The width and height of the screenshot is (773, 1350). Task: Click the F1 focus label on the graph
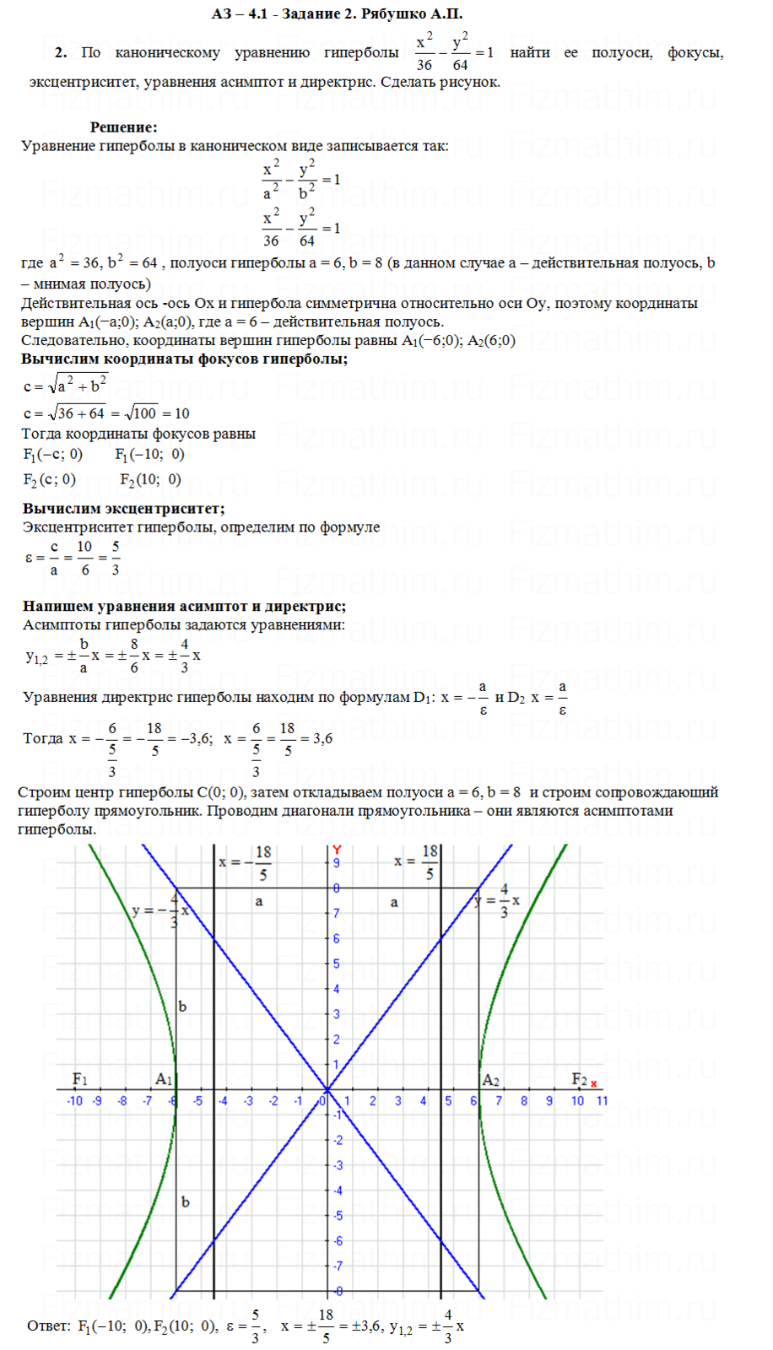click(80, 1079)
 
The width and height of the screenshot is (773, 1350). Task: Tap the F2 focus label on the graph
click(579, 1079)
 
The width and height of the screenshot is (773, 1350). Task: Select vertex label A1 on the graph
click(164, 1079)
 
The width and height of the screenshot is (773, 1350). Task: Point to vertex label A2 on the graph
click(490, 1080)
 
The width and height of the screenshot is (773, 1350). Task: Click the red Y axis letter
click(337, 850)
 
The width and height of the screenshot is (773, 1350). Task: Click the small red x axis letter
click(594, 1084)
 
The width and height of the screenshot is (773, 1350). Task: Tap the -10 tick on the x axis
click(75, 1100)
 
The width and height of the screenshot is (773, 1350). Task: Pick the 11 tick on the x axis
click(602, 1100)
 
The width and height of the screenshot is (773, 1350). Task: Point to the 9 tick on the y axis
click(336, 863)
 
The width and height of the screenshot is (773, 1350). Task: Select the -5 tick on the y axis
click(337, 1216)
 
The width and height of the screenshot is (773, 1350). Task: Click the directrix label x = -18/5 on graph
click(246, 862)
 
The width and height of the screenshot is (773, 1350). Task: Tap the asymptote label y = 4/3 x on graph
click(498, 900)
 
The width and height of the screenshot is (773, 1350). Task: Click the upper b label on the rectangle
click(183, 1007)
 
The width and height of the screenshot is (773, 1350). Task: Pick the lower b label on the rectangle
click(186, 1201)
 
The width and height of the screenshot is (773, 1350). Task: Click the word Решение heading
click(123, 127)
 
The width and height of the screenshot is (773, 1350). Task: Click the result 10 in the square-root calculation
click(181, 413)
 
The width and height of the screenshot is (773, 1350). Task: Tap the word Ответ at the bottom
click(48, 1326)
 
